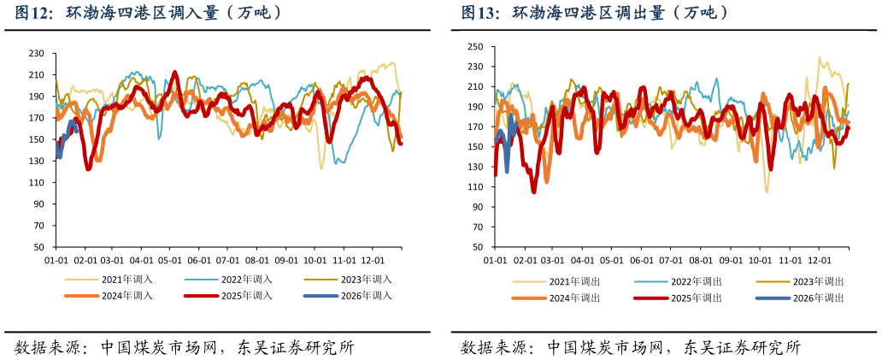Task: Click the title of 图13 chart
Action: point(596,13)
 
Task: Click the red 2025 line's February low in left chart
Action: point(88,168)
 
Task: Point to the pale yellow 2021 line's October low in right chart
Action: point(767,192)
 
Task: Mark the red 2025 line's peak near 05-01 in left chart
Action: point(175,73)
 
